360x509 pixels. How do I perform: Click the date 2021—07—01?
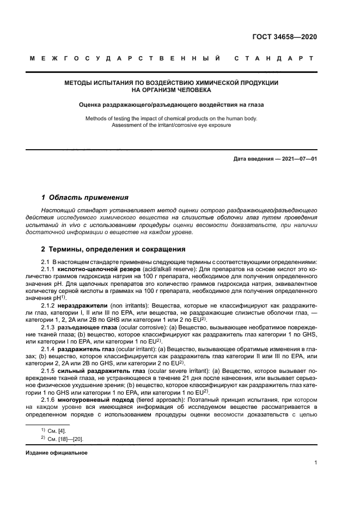[x=297, y=159]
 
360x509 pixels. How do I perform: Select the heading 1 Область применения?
[x=85, y=198]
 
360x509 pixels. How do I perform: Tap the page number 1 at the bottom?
[x=316, y=463]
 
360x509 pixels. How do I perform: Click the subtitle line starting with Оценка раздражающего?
[x=172, y=106]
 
